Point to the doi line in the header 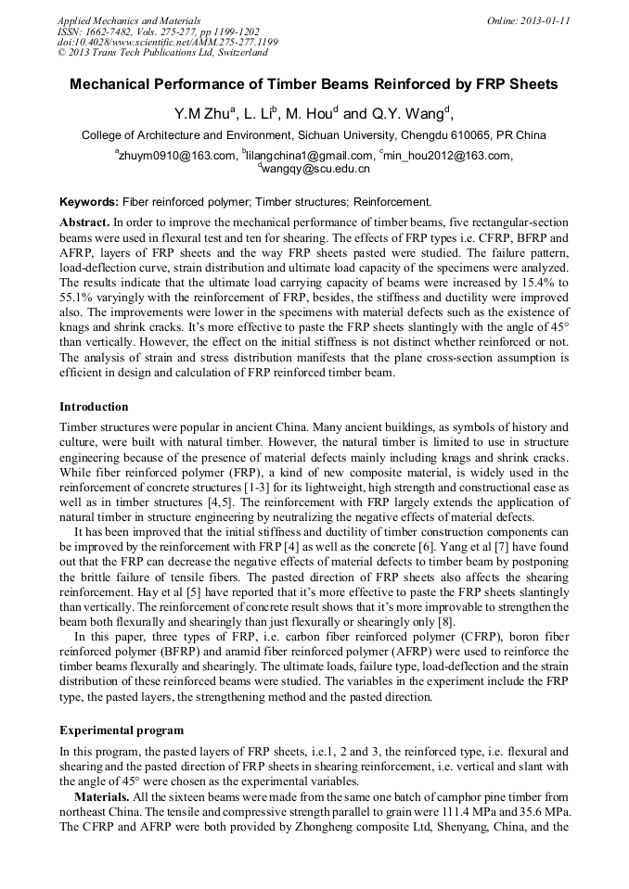(167, 43)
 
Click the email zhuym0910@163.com (177, 156)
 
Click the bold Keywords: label (89, 202)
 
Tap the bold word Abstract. (84, 223)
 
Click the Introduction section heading (94, 407)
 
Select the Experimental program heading (122, 730)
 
